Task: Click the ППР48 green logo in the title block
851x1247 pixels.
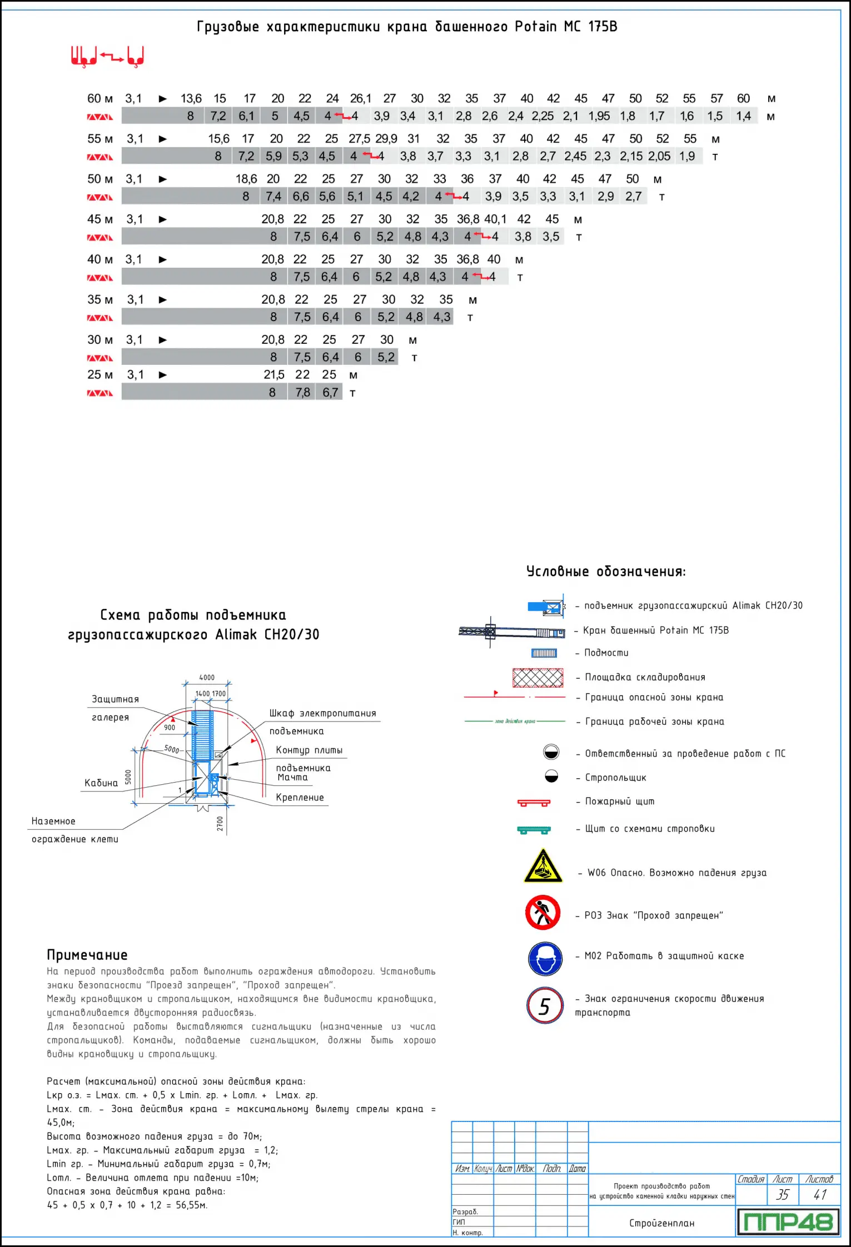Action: (x=788, y=1221)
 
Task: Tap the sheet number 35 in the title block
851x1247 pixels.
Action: (x=782, y=1194)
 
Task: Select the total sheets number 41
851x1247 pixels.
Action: (x=820, y=1194)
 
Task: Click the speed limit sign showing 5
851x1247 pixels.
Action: (x=545, y=1005)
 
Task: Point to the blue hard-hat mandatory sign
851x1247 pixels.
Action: (x=545, y=958)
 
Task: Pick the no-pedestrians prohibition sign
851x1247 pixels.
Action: (x=543, y=912)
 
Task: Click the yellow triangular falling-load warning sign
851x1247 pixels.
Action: (x=543, y=867)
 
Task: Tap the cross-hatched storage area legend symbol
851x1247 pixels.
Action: (x=538, y=678)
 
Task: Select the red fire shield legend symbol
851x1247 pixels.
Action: (x=534, y=803)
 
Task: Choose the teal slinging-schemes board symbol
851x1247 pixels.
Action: (x=534, y=830)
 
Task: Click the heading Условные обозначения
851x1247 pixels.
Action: (x=606, y=572)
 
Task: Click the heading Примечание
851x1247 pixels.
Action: (x=87, y=955)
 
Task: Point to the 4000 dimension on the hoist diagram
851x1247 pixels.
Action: (x=207, y=678)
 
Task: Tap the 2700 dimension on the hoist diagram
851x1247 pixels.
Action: (x=220, y=823)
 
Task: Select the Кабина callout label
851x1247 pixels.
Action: (x=101, y=783)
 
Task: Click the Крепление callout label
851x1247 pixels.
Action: (x=300, y=798)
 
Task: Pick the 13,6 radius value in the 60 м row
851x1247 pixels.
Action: (x=191, y=98)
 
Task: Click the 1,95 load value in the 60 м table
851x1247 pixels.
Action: (x=599, y=116)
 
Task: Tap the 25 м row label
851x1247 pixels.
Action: (x=100, y=374)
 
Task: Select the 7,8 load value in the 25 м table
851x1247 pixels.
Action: (x=302, y=393)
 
